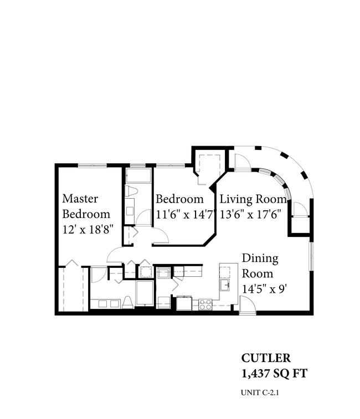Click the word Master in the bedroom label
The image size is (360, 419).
pos(80,199)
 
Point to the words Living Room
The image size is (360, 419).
pos(253,199)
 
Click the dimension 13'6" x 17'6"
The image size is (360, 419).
pos(250,214)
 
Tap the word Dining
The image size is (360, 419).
pos(260,258)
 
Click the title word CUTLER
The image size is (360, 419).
pos(266,358)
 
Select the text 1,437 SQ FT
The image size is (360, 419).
pos(274,373)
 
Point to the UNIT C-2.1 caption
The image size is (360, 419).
pos(259,392)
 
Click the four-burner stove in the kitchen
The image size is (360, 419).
pos(205,304)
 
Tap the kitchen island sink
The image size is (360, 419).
pos(225,285)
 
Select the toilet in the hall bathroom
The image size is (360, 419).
pos(131,191)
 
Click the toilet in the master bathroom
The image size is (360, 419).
pos(128,302)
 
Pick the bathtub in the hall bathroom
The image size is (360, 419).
pos(138,175)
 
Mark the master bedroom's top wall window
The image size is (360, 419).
pos(92,165)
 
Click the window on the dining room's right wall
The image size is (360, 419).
pos(311,256)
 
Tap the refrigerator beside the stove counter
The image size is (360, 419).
pos(184,303)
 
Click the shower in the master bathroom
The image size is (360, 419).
pos(145,293)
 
